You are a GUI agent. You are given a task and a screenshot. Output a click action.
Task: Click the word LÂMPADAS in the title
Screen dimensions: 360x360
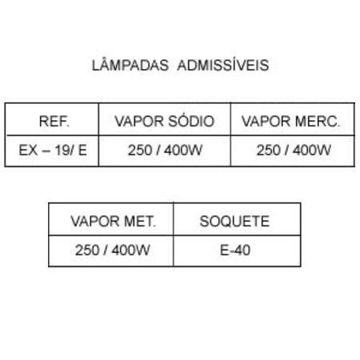click(x=130, y=65)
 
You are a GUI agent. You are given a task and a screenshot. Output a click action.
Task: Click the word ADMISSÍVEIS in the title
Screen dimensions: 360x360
click(x=223, y=65)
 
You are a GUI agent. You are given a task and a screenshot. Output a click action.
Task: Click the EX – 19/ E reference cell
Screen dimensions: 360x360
click(x=53, y=150)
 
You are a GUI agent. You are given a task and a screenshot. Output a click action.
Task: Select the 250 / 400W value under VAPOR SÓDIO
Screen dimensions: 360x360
click(x=165, y=150)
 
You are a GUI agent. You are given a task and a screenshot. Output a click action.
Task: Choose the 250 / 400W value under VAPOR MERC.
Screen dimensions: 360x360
click(x=294, y=150)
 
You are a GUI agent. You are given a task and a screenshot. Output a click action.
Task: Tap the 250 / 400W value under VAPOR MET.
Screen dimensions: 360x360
click(x=112, y=250)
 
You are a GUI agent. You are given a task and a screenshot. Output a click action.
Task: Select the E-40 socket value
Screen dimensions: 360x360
click(x=235, y=250)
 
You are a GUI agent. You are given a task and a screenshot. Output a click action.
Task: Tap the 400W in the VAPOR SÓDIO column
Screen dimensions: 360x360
click(x=183, y=150)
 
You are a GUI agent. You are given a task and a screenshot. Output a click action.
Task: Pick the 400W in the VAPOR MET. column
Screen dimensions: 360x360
click(x=130, y=250)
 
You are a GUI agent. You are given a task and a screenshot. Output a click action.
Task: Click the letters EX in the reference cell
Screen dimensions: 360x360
click(x=28, y=150)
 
